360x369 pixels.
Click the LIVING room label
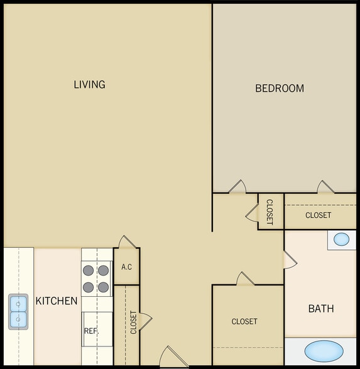[x=89, y=84]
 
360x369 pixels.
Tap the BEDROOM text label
[x=280, y=88]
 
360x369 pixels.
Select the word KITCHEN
[x=57, y=301]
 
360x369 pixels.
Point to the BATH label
[x=320, y=309]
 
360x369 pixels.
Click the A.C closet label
[x=126, y=267]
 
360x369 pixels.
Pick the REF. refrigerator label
[x=90, y=331]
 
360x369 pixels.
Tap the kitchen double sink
[x=18, y=312]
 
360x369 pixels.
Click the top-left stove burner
[x=89, y=271]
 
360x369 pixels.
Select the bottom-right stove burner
[x=103, y=287]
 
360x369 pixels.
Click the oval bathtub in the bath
[x=324, y=350]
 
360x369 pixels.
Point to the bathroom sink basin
[x=341, y=239]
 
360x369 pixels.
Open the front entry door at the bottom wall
[x=172, y=358]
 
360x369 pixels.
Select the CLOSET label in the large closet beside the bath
[x=244, y=321]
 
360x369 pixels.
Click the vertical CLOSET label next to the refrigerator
[x=133, y=323]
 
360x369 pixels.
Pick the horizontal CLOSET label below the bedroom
[x=318, y=215]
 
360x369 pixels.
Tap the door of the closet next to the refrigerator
[x=145, y=321]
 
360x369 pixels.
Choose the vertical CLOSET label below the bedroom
[x=270, y=212]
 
